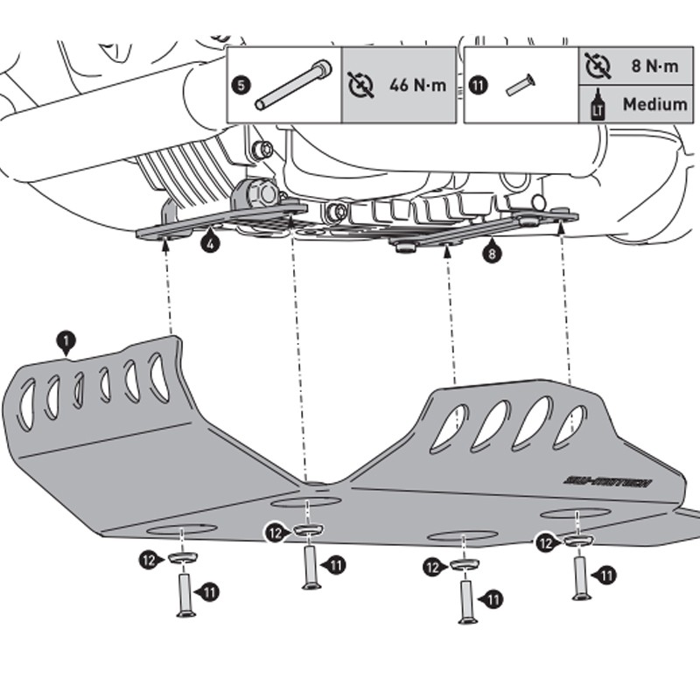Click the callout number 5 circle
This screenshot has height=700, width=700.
click(x=242, y=86)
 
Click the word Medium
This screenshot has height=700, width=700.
click(x=654, y=105)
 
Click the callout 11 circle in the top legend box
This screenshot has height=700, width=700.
click(x=478, y=86)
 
